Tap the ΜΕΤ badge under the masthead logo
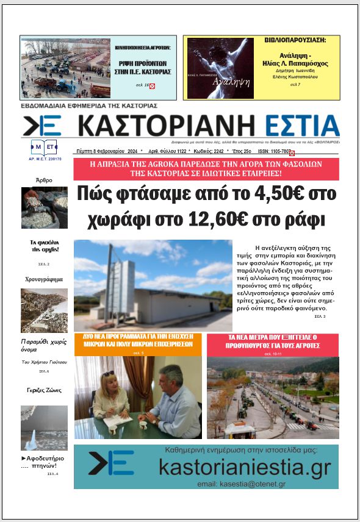44,147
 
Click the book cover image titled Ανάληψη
220,68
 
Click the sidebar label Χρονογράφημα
44,279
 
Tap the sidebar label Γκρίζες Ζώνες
44,390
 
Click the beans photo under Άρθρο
44,207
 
